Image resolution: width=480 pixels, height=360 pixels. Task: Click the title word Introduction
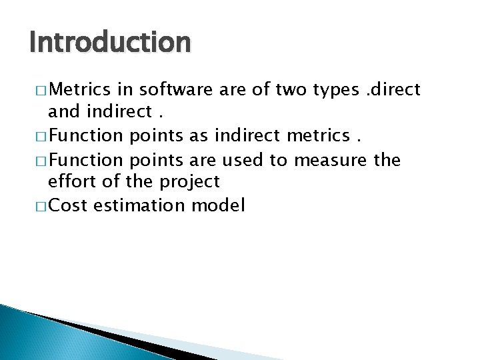point(110,43)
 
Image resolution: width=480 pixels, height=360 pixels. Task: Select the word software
point(172,90)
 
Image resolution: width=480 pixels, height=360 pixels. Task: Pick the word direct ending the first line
point(396,90)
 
